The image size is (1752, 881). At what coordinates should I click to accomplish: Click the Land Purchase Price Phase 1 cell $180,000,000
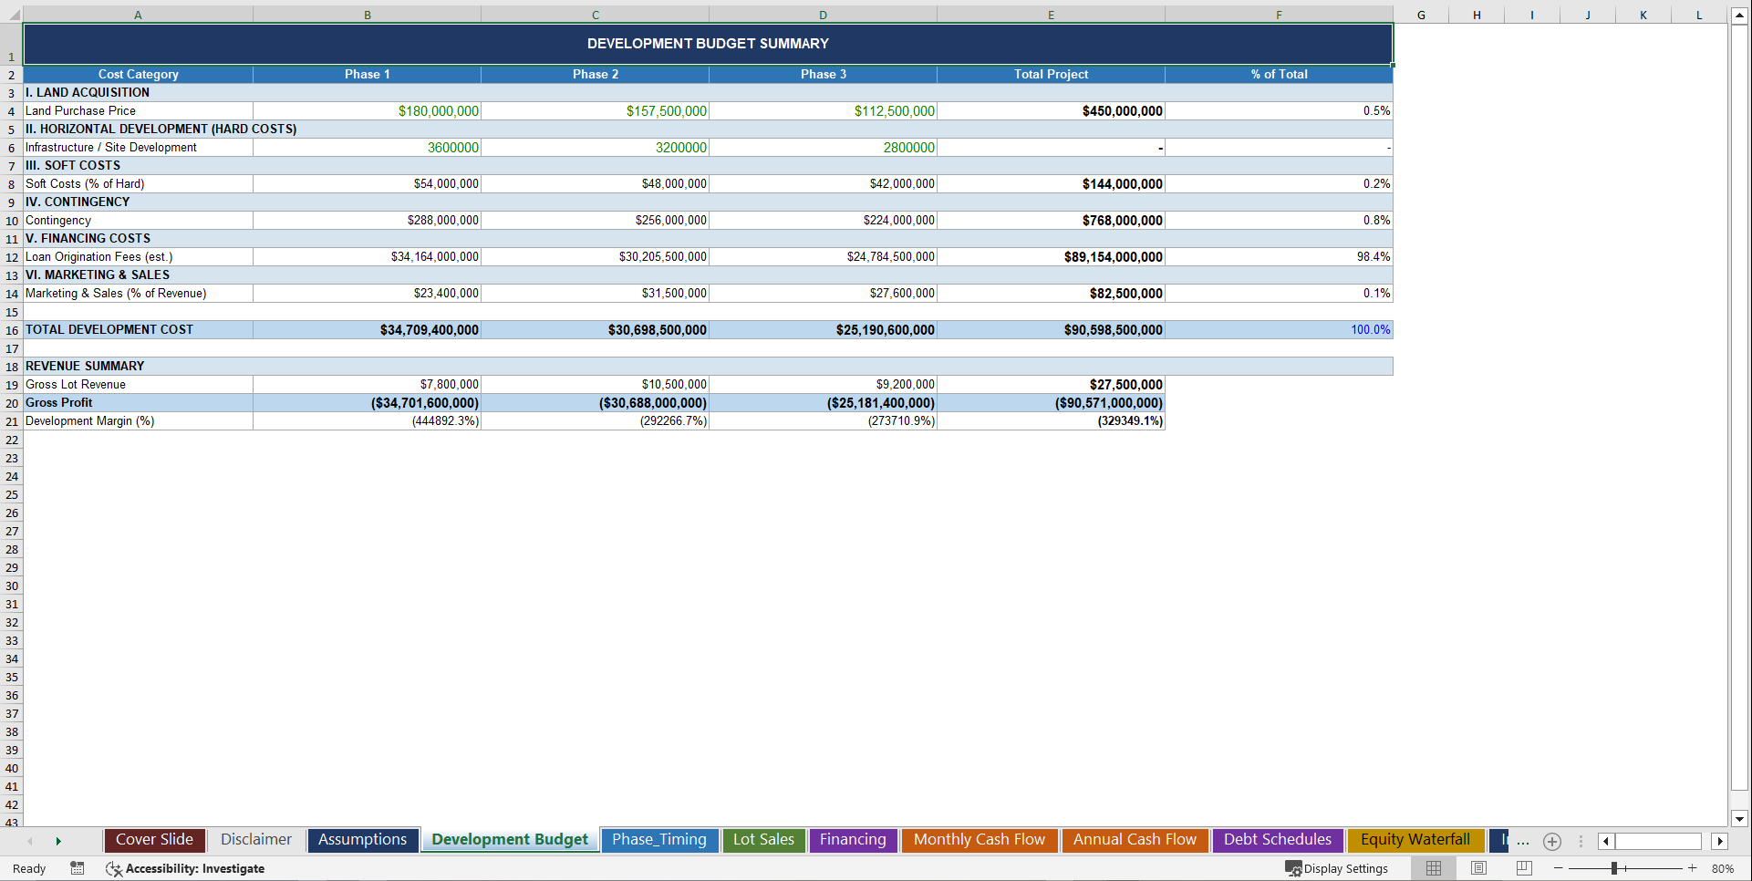(438, 111)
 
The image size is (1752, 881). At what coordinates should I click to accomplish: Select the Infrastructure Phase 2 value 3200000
(680, 148)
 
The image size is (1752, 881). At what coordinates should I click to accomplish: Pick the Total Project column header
(1051, 75)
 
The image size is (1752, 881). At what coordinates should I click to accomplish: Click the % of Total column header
(1279, 75)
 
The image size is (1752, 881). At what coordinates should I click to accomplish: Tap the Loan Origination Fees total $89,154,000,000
(1113, 257)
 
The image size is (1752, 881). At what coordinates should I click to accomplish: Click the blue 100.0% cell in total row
(1370, 330)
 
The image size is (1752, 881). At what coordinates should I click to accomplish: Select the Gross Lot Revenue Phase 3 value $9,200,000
(905, 385)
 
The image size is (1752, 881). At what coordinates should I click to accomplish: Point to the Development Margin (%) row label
(89, 421)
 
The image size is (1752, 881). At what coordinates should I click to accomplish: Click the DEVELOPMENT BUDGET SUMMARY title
(708, 44)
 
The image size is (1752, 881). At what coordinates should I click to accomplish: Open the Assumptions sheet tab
(362, 840)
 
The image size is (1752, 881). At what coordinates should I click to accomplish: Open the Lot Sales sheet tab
(763, 840)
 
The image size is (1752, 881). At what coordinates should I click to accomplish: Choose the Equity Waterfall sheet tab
(1415, 840)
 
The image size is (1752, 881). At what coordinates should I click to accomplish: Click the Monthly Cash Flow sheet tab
(979, 840)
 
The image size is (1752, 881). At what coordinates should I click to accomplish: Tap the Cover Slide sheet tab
(154, 840)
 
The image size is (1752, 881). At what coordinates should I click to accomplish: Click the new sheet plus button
(1552, 842)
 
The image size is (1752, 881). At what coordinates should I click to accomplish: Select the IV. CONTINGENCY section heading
(78, 202)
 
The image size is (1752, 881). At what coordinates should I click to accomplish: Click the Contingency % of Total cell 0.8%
(1376, 221)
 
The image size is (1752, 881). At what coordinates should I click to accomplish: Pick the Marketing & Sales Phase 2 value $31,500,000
(673, 294)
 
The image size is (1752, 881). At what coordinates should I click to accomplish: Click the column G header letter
(1421, 15)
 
